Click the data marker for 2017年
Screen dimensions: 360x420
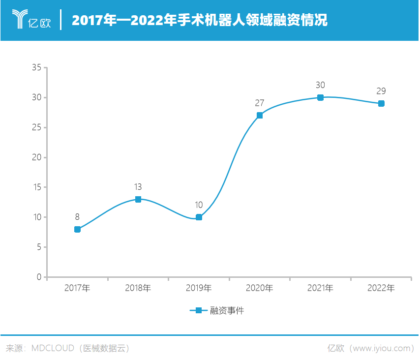(77, 229)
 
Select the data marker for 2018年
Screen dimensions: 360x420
(138, 199)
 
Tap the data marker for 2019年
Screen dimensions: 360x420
(199, 217)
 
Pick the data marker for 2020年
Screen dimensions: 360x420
(260, 116)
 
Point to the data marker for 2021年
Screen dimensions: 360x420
(320, 97)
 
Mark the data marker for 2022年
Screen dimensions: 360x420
(381, 103)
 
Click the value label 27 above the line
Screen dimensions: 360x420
(260, 103)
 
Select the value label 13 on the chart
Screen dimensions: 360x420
(138, 187)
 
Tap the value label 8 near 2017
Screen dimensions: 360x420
(77, 217)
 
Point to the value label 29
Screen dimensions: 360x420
(381, 91)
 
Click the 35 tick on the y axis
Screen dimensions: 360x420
(36, 67)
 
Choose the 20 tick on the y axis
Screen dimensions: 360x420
(36, 157)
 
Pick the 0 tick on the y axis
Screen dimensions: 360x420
(39, 277)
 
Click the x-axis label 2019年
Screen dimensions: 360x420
(199, 288)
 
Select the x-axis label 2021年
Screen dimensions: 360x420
(320, 288)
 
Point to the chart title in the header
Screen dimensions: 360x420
(199, 21)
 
